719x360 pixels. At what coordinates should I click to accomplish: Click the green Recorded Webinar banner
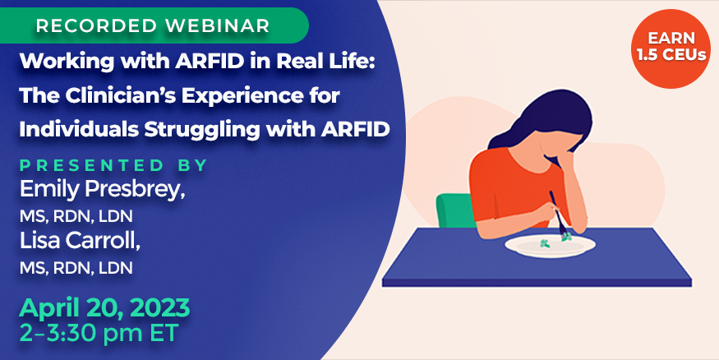tap(154, 25)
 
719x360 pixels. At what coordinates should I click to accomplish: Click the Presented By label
tap(113, 165)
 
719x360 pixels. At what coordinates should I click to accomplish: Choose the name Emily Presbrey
tap(102, 189)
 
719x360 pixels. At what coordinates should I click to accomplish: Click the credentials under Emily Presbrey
tap(76, 216)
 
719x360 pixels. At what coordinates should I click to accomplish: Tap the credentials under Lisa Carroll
tap(76, 268)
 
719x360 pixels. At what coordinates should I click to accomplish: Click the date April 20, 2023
tap(104, 308)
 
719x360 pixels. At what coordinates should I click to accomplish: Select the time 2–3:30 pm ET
tap(98, 334)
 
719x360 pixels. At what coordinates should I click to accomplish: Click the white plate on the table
tap(550, 246)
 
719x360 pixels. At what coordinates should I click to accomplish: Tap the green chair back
tap(455, 210)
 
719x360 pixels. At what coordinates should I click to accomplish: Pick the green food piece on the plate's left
tap(546, 243)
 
